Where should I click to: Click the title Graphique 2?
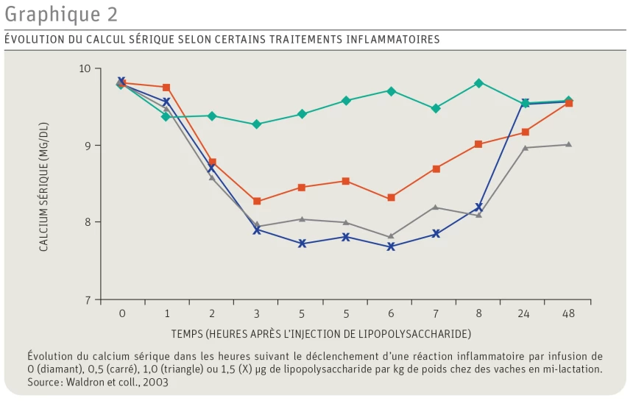tap(61, 14)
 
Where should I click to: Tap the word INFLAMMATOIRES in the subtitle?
tap(393, 39)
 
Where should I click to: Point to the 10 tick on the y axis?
tap(85, 68)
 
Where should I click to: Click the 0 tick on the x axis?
tap(122, 313)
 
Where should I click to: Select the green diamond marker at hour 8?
tap(478, 83)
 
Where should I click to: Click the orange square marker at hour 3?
tap(257, 201)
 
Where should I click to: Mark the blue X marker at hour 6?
tap(391, 246)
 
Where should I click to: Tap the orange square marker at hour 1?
tap(166, 88)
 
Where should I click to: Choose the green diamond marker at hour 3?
tap(257, 124)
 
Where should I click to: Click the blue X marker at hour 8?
tap(478, 207)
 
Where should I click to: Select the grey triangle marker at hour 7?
tap(435, 207)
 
